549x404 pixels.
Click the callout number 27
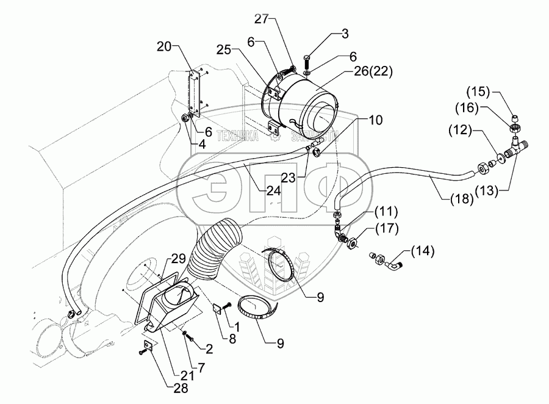click(x=261, y=20)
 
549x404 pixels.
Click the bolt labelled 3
click(x=306, y=62)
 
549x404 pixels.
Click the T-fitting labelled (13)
click(x=517, y=147)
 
